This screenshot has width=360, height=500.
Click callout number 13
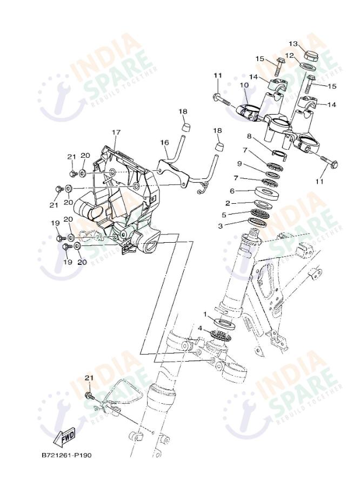(293, 44)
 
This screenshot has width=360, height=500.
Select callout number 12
(290, 55)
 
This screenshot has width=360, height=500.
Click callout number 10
(244, 85)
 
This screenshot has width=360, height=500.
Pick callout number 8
(249, 136)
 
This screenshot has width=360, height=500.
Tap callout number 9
(239, 163)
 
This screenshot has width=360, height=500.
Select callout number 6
(232, 190)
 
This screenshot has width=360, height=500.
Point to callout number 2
(228, 203)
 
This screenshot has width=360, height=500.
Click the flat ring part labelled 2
(263, 204)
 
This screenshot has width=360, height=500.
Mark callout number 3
(221, 226)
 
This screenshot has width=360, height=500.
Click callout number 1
(205, 314)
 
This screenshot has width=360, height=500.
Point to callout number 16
(164, 142)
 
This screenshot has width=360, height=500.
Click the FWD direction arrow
(64, 435)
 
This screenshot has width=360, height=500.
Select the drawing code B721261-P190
(66, 455)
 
